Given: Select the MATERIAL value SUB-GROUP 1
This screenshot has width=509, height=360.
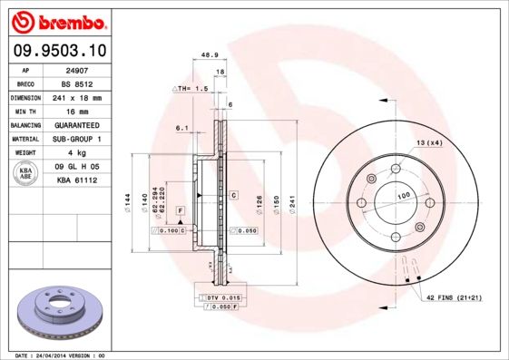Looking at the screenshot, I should tap(76, 139).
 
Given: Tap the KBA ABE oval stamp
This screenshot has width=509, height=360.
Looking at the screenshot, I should tap(26, 174).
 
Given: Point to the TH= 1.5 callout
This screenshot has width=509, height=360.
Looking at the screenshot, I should tap(191, 89).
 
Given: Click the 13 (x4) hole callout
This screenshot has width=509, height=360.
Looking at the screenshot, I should tap(429, 143).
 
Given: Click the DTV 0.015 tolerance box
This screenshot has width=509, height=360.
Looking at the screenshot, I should tap(220, 297).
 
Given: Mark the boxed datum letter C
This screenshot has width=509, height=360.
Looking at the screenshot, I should tap(233, 195).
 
